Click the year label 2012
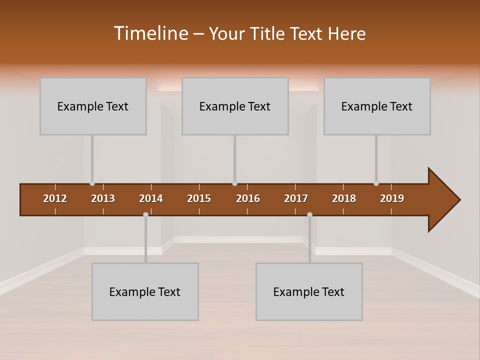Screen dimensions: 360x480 pos(55,198)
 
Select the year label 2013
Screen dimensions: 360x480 pos(103,198)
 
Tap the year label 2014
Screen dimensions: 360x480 pos(151,198)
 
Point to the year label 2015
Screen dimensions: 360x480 pos(199,198)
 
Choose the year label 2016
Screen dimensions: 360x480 pos(248,198)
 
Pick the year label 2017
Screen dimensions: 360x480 pos(296,198)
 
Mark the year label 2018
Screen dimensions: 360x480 pos(344,198)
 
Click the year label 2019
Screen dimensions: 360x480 pos(392,198)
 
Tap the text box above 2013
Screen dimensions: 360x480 pos(93,106)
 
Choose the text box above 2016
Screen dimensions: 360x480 pos(235,106)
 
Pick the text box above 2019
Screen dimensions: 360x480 pos(377,106)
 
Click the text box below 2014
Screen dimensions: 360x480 pos(145,291)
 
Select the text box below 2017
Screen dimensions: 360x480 pos(309,291)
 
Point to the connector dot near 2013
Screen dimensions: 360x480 pos(92,183)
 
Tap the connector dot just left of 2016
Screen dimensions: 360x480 pos(234,183)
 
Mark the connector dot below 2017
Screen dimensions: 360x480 pos(309,214)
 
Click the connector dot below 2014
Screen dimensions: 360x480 pos(145,214)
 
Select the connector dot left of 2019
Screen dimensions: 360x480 pos(376,183)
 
